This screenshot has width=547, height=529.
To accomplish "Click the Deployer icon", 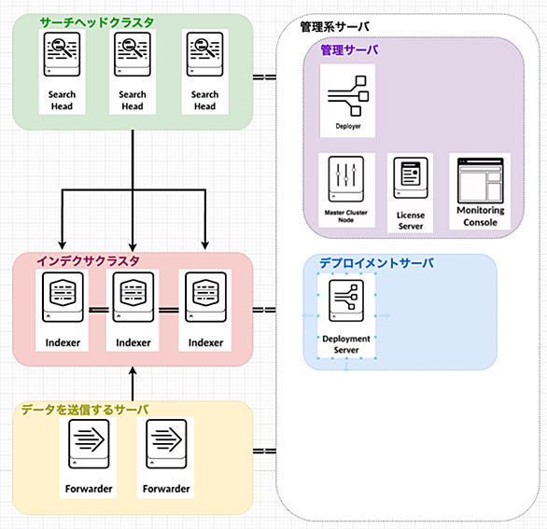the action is tap(348, 95).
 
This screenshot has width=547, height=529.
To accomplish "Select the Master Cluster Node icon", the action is tap(346, 179).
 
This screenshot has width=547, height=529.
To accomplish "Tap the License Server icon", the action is tap(411, 178).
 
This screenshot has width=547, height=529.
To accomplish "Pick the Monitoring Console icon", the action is tap(481, 181).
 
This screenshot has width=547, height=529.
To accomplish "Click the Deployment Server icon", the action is tap(346, 300).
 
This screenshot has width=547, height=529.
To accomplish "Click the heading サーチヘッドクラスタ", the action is tap(97, 22).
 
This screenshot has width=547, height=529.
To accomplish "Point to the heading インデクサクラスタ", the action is tap(88, 261).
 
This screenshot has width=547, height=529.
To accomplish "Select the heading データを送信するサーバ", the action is tap(85, 410).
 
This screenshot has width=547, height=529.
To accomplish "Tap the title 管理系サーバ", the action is tap(334, 27).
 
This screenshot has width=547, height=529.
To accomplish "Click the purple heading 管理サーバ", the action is tap(349, 49).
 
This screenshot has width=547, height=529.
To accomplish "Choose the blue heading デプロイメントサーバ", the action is tap(377, 263).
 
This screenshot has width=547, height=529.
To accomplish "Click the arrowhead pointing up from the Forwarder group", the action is tap(133, 371).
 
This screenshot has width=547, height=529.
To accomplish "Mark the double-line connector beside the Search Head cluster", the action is tap(264, 77).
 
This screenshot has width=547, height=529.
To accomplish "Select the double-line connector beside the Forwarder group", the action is tap(264, 452).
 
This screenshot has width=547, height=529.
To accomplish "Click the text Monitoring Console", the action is tap(481, 216).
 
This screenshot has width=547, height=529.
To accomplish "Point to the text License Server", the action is tap(411, 221).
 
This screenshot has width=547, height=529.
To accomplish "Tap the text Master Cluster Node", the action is tap(345, 216).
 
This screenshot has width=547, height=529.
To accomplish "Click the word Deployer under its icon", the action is tap(348, 126).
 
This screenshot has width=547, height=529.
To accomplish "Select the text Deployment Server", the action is tap(346, 344).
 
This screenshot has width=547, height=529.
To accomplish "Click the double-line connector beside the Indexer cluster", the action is tap(264, 310).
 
